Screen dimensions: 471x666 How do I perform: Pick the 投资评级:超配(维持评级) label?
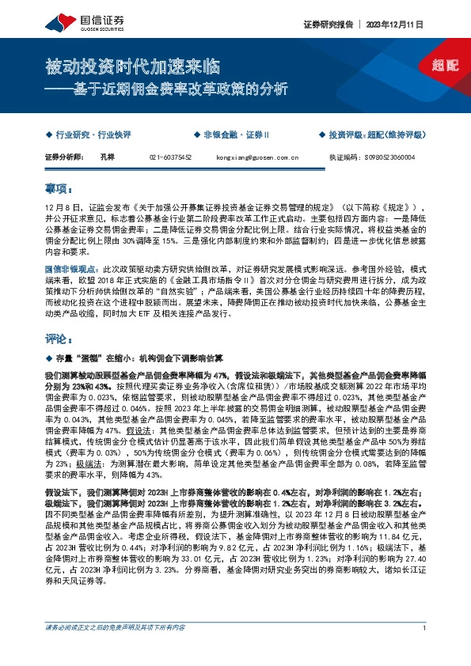[378, 135]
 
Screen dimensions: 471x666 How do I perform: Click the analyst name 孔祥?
[108, 157]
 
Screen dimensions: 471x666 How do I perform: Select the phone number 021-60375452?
[171, 157]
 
